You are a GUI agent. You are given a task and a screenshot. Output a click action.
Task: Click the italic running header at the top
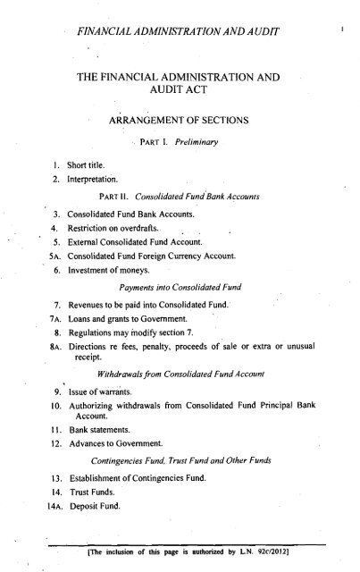(180, 33)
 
